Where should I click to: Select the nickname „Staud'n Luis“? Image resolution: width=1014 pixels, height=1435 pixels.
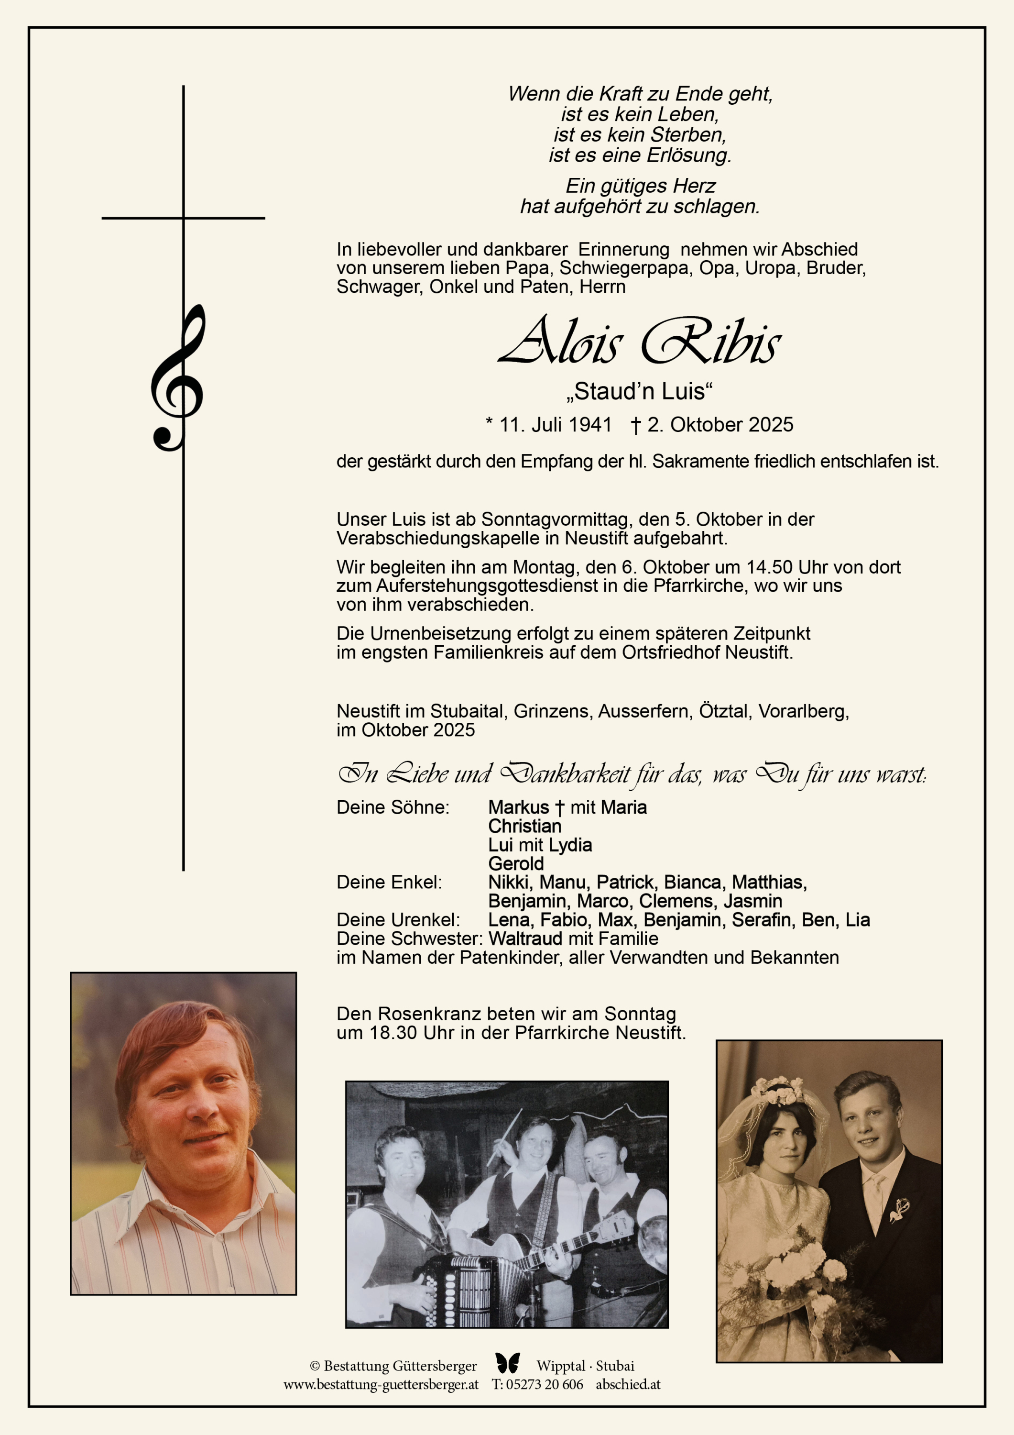639,392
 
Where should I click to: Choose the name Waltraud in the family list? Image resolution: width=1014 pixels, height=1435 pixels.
525,939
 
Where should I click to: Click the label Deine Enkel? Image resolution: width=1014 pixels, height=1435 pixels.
389,883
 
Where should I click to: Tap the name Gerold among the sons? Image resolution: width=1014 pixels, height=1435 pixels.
516,864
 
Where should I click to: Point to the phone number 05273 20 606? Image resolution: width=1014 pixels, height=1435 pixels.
544,1384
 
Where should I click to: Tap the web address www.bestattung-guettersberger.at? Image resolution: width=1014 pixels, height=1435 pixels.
381,1384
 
